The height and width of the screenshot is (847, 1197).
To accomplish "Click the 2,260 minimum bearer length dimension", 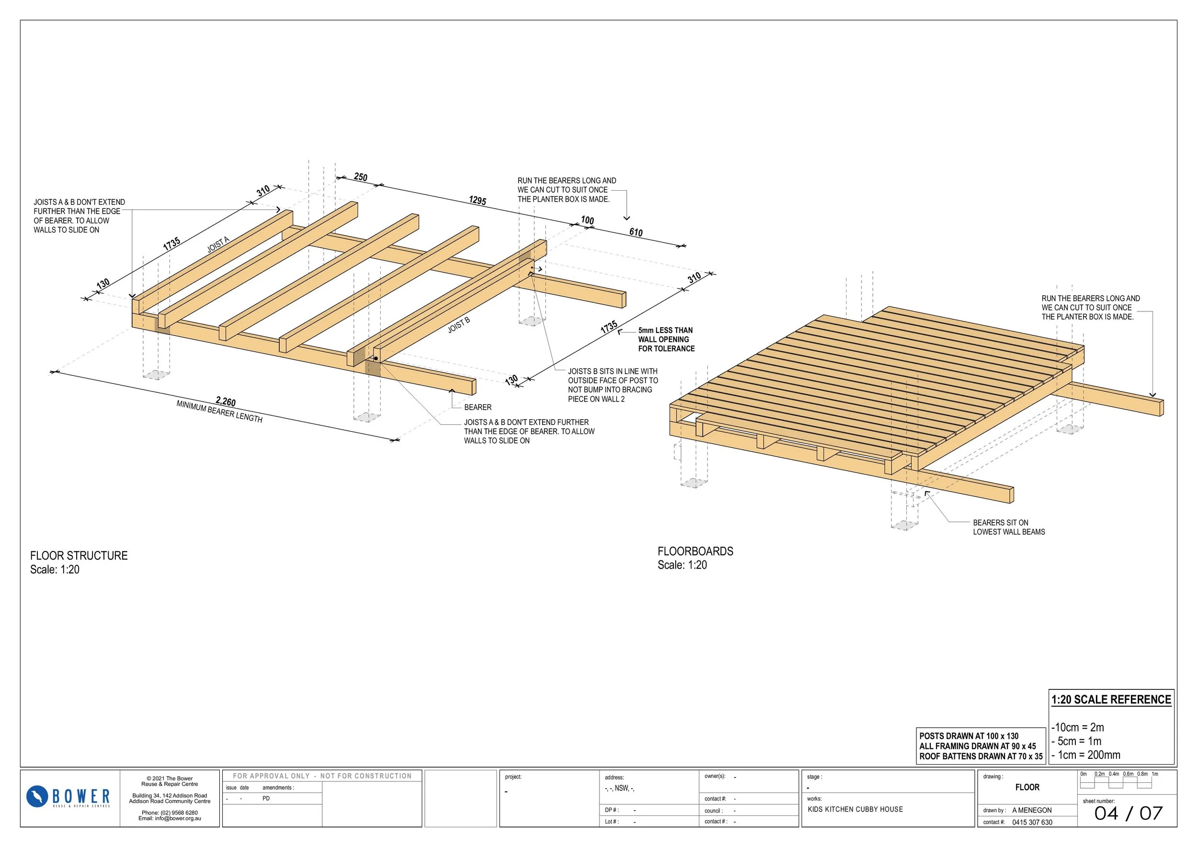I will pyautogui.click(x=225, y=401).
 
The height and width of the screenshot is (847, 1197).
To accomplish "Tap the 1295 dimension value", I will pyautogui.click(x=477, y=200).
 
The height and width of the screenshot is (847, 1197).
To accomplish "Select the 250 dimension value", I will pyautogui.click(x=361, y=177).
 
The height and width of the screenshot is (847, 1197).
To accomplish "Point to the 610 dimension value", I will pyautogui.click(x=636, y=232).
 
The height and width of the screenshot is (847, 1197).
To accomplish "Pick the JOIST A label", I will pyautogui.click(x=218, y=245).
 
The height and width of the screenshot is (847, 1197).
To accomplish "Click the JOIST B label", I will pyautogui.click(x=459, y=325).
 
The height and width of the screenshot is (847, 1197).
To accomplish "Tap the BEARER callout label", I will pyautogui.click(x=477, y=407).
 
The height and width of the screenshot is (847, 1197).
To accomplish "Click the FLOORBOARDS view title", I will pyautogui.click(x=695, y=551).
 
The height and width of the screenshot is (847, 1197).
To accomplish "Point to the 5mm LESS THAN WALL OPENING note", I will pyautogui.click(x=666, y=340).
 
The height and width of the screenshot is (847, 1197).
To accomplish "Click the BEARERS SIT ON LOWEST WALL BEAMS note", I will pyautogui.click(x=1008, y=527).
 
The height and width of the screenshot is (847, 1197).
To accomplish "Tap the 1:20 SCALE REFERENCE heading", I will pyautogui.click(x=1111, y=699).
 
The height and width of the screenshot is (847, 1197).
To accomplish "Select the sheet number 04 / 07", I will pyautogui.click(x=1128, y=813).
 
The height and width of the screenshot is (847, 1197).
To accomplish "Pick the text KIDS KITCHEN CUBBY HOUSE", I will pyautogui.click(x=855, y=810).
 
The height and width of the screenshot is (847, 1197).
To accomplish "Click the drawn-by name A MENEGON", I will pyautogui.click(x=1032, y=810).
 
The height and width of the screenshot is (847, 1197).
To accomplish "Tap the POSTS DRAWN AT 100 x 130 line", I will pyautogui.click(x=969, y=736).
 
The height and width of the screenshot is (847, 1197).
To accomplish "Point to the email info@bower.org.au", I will pyautogui.click(x=170, y=818).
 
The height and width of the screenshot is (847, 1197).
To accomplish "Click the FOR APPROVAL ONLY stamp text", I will pyautogui.click(x=322, y=776).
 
